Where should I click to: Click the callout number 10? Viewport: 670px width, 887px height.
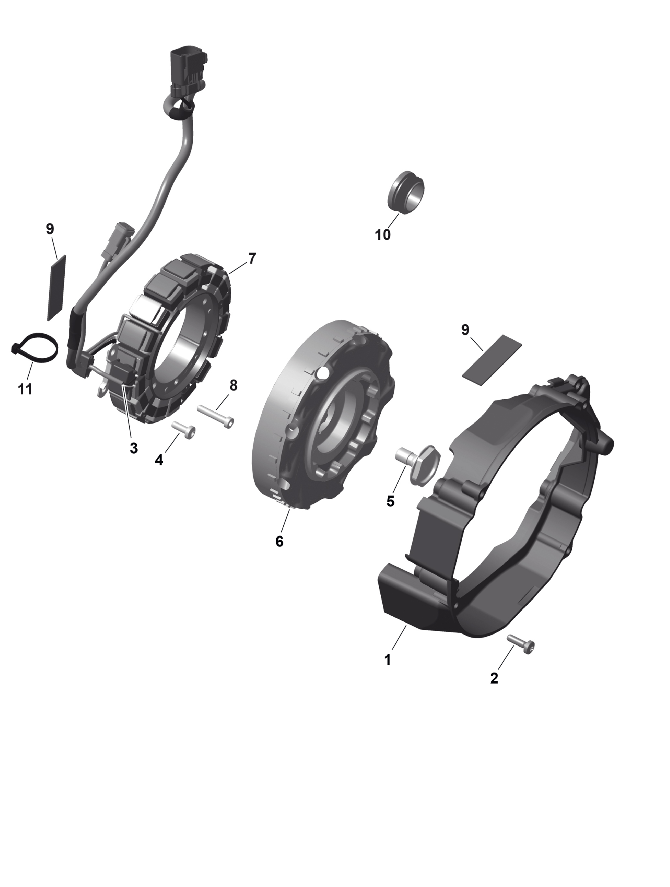[383, 234]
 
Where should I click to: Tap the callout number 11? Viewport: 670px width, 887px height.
[25, 389]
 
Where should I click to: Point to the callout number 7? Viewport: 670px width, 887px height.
[251, 258]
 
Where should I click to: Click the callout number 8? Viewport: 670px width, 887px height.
[233, 385]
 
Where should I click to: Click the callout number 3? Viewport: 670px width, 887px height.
[134, 448]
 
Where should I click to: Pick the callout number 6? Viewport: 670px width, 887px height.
[279, 541]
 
